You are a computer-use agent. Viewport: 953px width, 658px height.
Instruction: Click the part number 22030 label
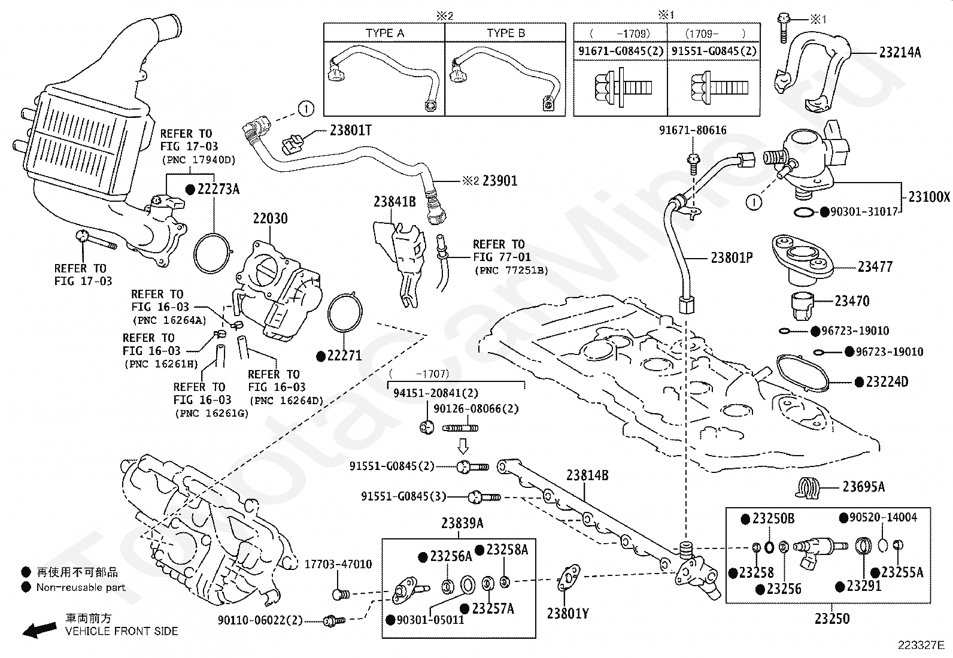point(269,219)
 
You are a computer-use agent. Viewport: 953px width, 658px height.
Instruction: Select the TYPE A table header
point(384,33)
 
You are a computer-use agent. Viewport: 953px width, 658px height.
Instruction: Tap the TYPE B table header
point(505,33)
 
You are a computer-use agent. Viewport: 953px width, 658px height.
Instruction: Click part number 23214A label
point(900,52)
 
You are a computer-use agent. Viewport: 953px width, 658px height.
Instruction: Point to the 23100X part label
point(928,196)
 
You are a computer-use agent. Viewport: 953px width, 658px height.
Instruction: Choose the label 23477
point(875,266)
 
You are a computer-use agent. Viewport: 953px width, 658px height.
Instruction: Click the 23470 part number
point(852,301)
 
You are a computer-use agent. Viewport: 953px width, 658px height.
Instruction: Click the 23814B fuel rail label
point(587,475)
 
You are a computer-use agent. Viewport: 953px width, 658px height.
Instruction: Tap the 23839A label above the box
point(462,523)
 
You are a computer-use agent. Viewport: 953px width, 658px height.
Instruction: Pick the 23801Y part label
point(567,613)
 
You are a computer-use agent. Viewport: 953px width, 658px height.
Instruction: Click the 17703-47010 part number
point(338,564)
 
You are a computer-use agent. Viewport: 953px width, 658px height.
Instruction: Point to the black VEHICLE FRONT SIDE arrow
point(39,629)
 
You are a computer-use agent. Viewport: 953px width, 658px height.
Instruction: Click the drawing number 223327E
point(920,645)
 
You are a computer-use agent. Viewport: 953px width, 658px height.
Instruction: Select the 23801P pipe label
point(732,257)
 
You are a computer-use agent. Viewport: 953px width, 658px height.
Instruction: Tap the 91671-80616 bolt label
point(693,130)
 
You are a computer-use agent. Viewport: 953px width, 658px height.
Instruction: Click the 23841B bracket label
point(394,202)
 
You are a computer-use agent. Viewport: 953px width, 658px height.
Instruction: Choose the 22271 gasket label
point(344,355)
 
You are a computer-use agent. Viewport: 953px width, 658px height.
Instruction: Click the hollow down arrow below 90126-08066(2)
point(463,445)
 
